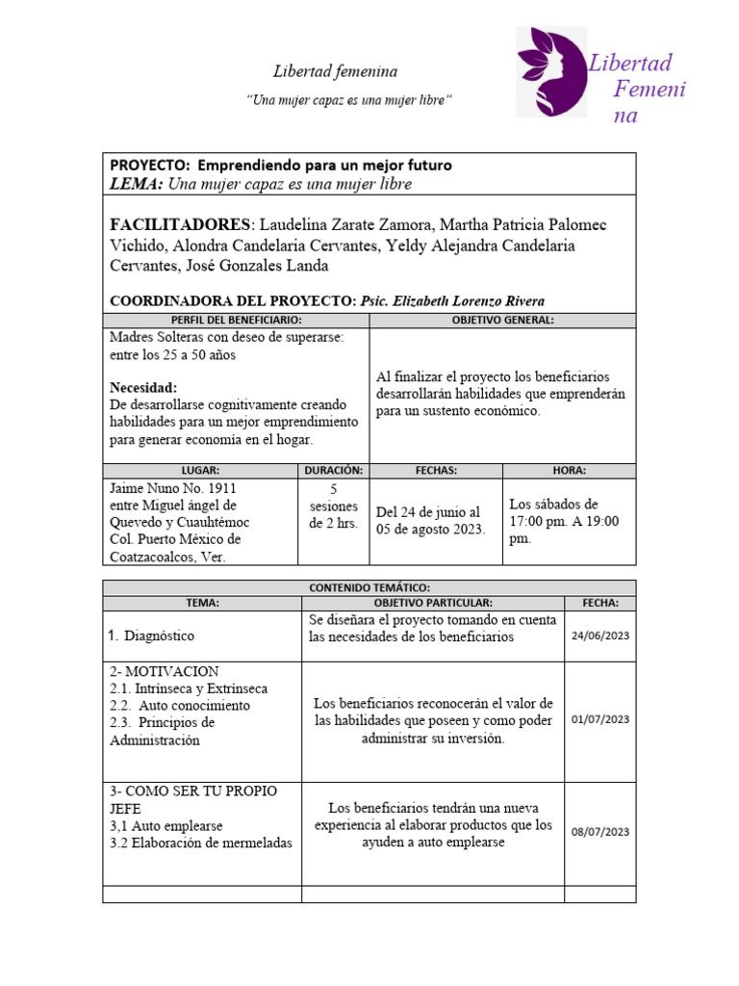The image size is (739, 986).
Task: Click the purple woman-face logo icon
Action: (551, 72)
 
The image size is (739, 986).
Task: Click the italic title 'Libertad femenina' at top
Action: (335, 72)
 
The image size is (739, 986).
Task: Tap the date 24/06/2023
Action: (599, 636)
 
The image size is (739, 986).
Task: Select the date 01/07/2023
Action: (599, 719)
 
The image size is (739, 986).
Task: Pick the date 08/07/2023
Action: (599, 832)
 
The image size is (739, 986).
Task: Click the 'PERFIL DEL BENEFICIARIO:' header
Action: (236, 320)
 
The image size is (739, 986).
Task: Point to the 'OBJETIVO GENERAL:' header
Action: (502, 320)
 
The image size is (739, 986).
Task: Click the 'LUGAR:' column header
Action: (200, 471)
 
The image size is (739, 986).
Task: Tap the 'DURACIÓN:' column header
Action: (333, 471)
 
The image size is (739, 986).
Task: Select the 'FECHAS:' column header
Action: (436, 471)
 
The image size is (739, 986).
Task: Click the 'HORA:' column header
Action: (569, 471)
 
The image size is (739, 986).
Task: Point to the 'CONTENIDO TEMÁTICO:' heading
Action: (369, 587)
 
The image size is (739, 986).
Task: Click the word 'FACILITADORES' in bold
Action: (180, 224)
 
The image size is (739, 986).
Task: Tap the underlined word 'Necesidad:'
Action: (143, 387)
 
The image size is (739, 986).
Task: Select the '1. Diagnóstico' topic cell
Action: (151, 636)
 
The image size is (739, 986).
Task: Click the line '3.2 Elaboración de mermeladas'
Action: (200, 844)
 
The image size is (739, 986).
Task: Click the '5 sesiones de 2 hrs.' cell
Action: (333, 506)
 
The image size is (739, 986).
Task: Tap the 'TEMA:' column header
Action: (202, 603)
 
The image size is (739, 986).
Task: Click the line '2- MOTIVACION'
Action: (165, 671)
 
